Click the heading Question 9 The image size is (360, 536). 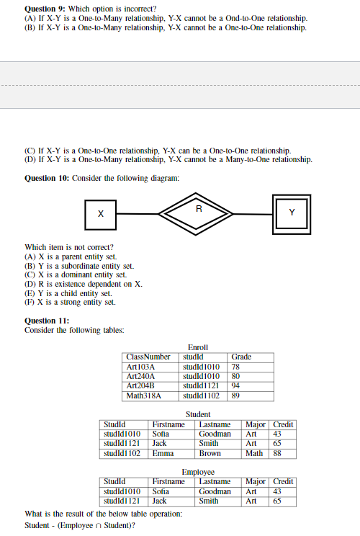(47, 7)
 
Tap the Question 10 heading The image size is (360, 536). (48, 178)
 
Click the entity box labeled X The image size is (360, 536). (101, 214)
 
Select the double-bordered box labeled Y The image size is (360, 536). (292, 213)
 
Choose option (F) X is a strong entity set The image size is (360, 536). (70, 303)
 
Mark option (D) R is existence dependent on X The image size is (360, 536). (84, 284)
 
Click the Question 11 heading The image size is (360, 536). (47, 321)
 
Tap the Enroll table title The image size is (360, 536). (197, 347)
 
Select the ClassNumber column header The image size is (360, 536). (148, 357)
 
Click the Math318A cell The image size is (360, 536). (144, 395)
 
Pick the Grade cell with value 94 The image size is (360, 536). (235, 385)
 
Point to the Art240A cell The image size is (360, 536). (141, 375)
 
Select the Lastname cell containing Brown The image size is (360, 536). (210, 453)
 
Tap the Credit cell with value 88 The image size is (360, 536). (276, 453)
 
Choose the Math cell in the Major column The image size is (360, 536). (254, 453)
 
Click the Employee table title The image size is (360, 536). (197, 472)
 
